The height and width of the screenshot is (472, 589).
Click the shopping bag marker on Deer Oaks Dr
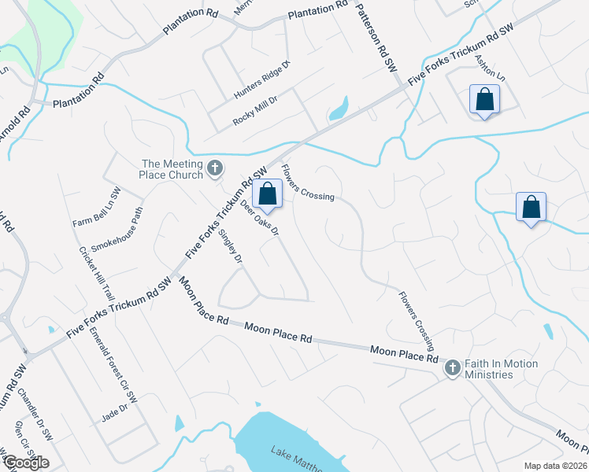[x=268, y=194]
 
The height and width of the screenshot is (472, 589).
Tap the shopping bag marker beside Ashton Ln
[x=484, y=99]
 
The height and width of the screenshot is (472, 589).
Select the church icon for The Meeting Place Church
[x=215, y=168]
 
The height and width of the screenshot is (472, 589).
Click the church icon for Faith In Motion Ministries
[x=452, y=367]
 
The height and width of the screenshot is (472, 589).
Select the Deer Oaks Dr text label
[x=261, y=218]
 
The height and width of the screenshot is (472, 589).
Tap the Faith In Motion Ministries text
[x=502, y=369]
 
